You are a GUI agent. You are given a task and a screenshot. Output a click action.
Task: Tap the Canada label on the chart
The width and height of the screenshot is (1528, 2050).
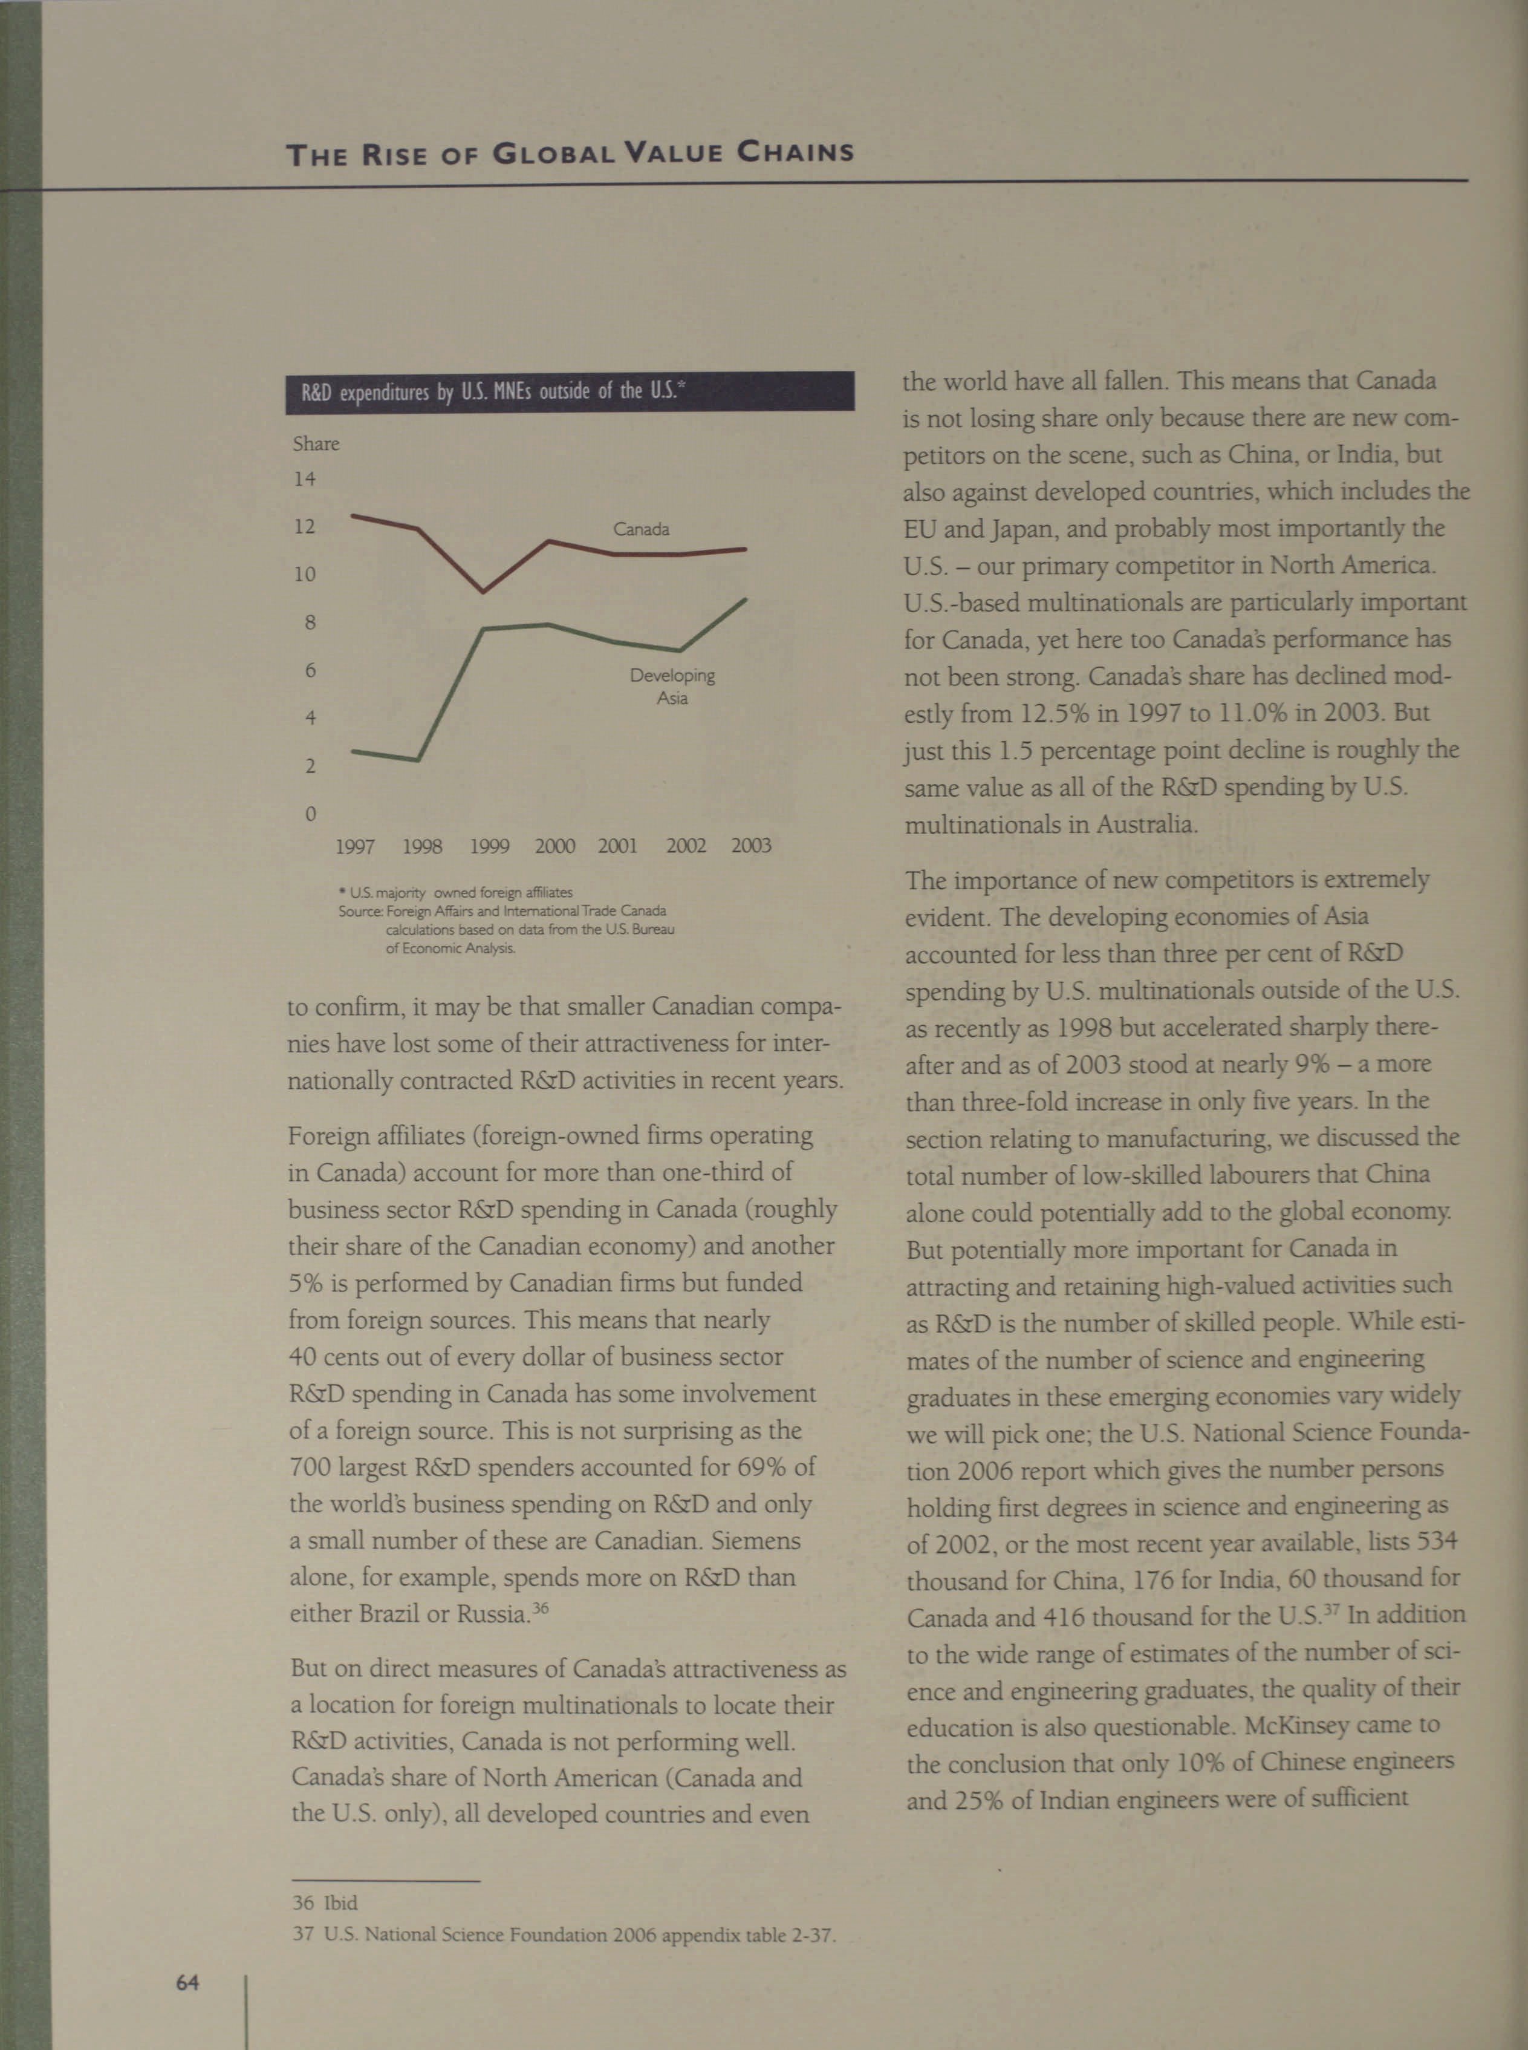[641, 529]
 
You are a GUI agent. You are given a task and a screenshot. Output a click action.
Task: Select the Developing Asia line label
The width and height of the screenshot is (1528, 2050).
[672, 687]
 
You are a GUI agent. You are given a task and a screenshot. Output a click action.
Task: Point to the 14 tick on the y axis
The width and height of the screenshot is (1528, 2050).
[304, 478]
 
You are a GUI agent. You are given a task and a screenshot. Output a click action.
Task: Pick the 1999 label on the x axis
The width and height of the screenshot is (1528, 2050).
[489, 846]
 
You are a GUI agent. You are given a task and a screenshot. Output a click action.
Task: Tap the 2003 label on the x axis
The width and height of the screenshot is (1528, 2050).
[750, 846]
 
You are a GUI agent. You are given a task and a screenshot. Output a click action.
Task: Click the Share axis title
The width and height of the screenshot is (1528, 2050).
[316, 444]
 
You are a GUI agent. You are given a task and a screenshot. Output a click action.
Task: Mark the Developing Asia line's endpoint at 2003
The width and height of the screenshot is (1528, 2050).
[746, 599]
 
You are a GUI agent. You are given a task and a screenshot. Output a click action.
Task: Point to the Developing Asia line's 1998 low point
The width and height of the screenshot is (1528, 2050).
[418, 760]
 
